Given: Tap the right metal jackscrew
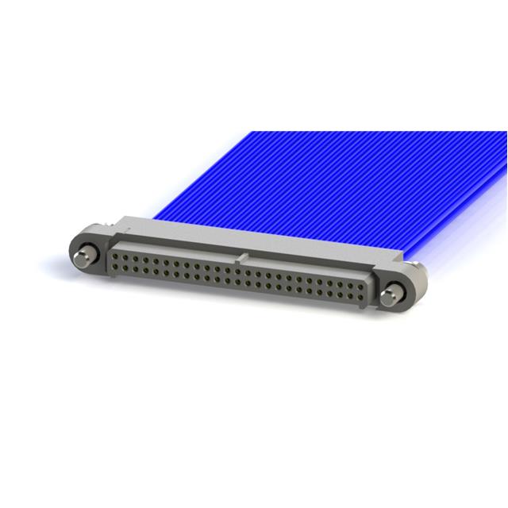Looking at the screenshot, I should pyautogui.click(x=388, y=297).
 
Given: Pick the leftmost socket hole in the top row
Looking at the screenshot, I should pyautogui.click(x=116, y=256).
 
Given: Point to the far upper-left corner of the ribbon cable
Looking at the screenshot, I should pyautogui.click(x=252, y=133).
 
